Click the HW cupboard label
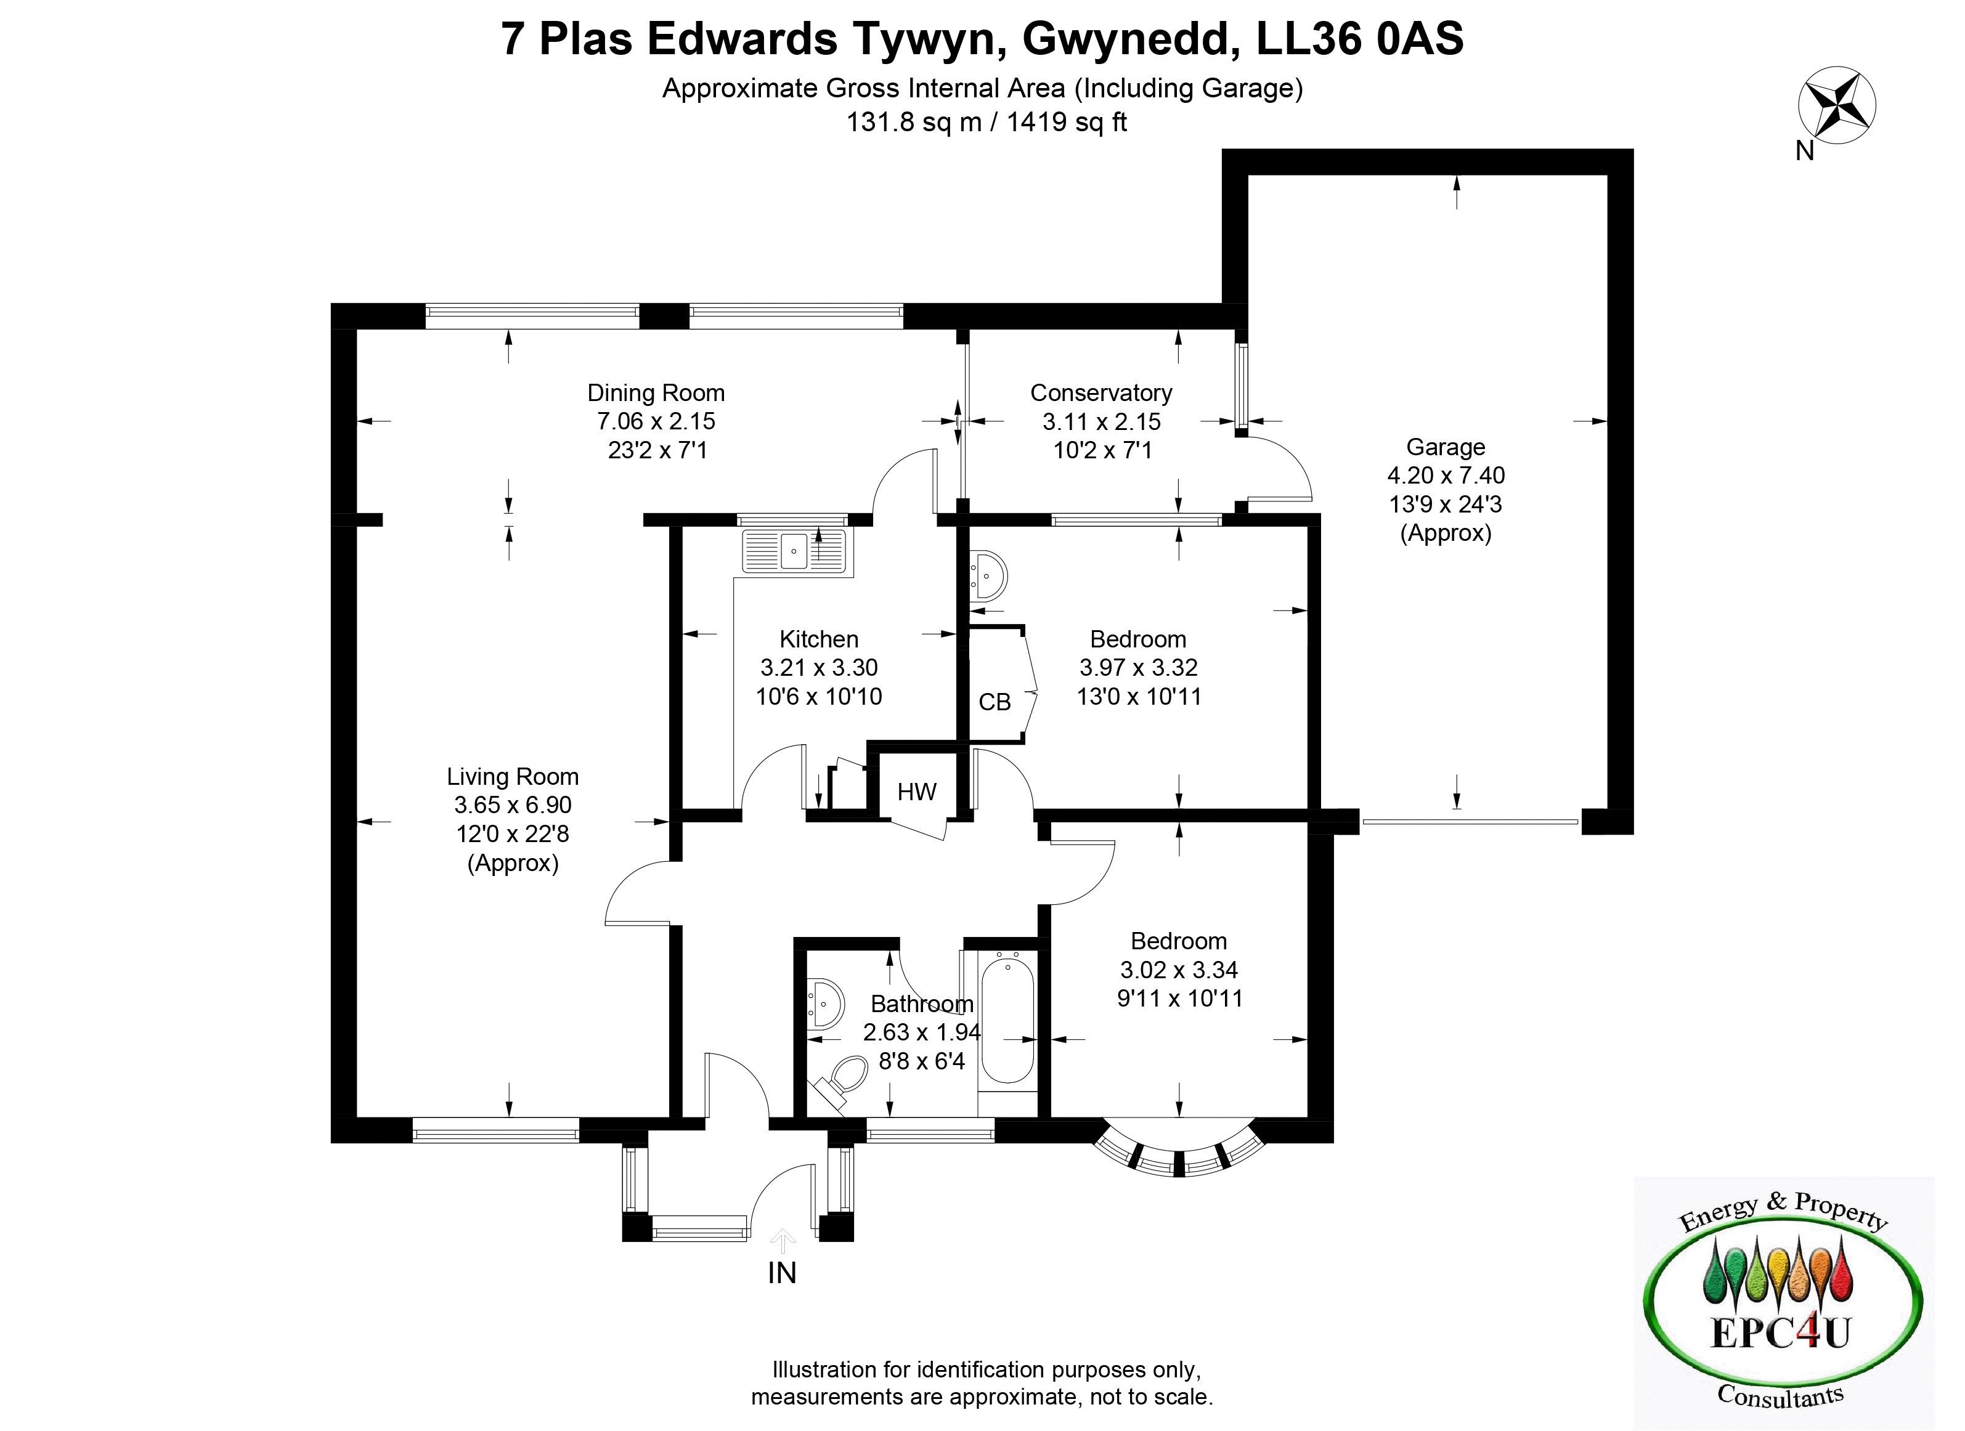coord(917,792)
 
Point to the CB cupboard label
coord(994,702)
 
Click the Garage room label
coord(1445,447)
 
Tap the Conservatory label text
coord(1100,393)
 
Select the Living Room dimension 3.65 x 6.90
coord(513,805)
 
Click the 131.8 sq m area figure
coord(913,122)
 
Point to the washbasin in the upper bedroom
coord(988,574)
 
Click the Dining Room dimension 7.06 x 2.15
coord(656,422)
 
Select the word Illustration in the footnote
coord(824,1369)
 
